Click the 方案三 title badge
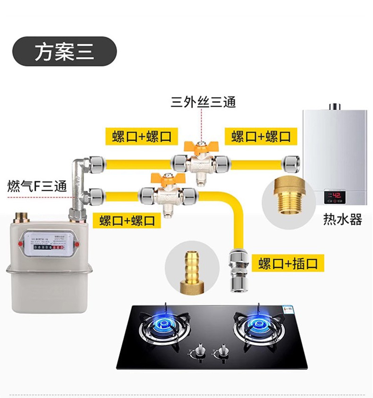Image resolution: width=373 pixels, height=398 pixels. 64,51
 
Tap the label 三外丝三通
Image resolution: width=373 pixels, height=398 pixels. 203,102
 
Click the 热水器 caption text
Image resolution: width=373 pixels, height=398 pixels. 342,220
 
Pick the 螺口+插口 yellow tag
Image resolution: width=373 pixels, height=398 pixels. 288,263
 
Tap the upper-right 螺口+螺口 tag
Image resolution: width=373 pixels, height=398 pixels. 261,136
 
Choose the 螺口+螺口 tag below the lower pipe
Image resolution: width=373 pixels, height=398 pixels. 127,220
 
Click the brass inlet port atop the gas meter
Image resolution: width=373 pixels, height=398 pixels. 21,218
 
